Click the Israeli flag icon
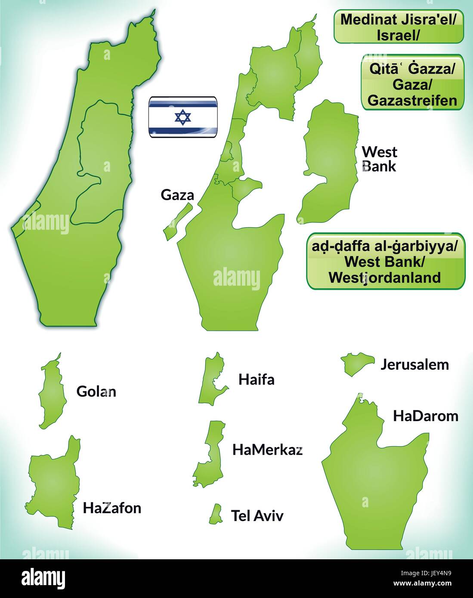182,117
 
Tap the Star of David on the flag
182,117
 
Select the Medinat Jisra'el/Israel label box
399,27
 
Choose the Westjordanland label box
385,261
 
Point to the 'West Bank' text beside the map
379,159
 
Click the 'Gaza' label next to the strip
177,195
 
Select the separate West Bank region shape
329,163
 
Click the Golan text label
96,391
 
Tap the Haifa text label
256,379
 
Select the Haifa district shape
212,379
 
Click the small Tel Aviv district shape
215,515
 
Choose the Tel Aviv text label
257,515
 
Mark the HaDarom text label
425,416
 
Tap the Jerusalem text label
414,364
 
